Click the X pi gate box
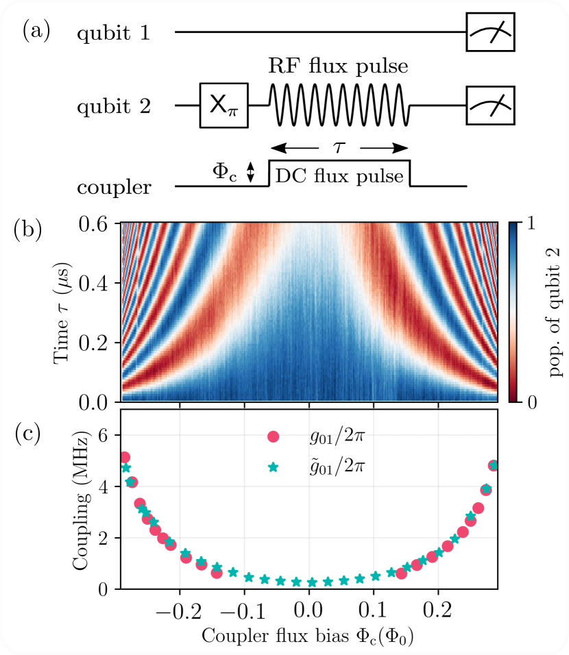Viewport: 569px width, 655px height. point(223,106)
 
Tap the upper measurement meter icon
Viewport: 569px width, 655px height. point(490,32)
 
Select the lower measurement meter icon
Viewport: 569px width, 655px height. point(490,106)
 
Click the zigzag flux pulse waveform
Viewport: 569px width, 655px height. point(340,105)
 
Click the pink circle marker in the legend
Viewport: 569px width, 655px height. point(274,436)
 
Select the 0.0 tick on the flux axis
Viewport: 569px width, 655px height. point(308,610)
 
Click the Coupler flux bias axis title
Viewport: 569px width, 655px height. point(308,636)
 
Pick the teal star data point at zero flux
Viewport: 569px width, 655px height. point(312,582)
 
